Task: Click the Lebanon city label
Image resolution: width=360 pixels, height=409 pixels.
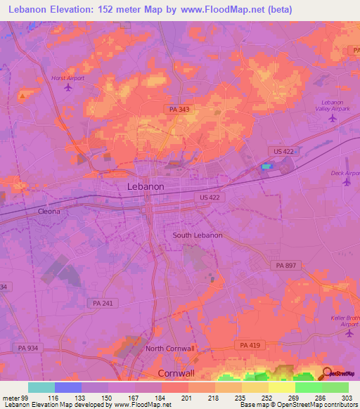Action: (146, 187)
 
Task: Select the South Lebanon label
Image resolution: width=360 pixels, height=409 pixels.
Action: (198, 235)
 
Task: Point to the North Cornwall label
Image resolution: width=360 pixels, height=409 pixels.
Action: (169, 349)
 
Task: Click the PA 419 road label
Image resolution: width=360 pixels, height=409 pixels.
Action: (250, 345)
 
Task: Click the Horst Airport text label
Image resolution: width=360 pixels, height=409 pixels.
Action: (67, 78)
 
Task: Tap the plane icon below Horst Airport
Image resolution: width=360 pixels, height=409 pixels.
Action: (67, 88)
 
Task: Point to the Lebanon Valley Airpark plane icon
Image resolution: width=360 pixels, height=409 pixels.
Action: (333, 118)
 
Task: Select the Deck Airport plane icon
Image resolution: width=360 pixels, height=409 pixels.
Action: (347, 182)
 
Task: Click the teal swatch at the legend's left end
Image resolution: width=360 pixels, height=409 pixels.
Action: (41, 387)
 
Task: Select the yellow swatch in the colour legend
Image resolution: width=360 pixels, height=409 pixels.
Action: (281, 387)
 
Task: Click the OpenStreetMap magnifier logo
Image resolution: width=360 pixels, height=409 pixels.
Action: (327, 374)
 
